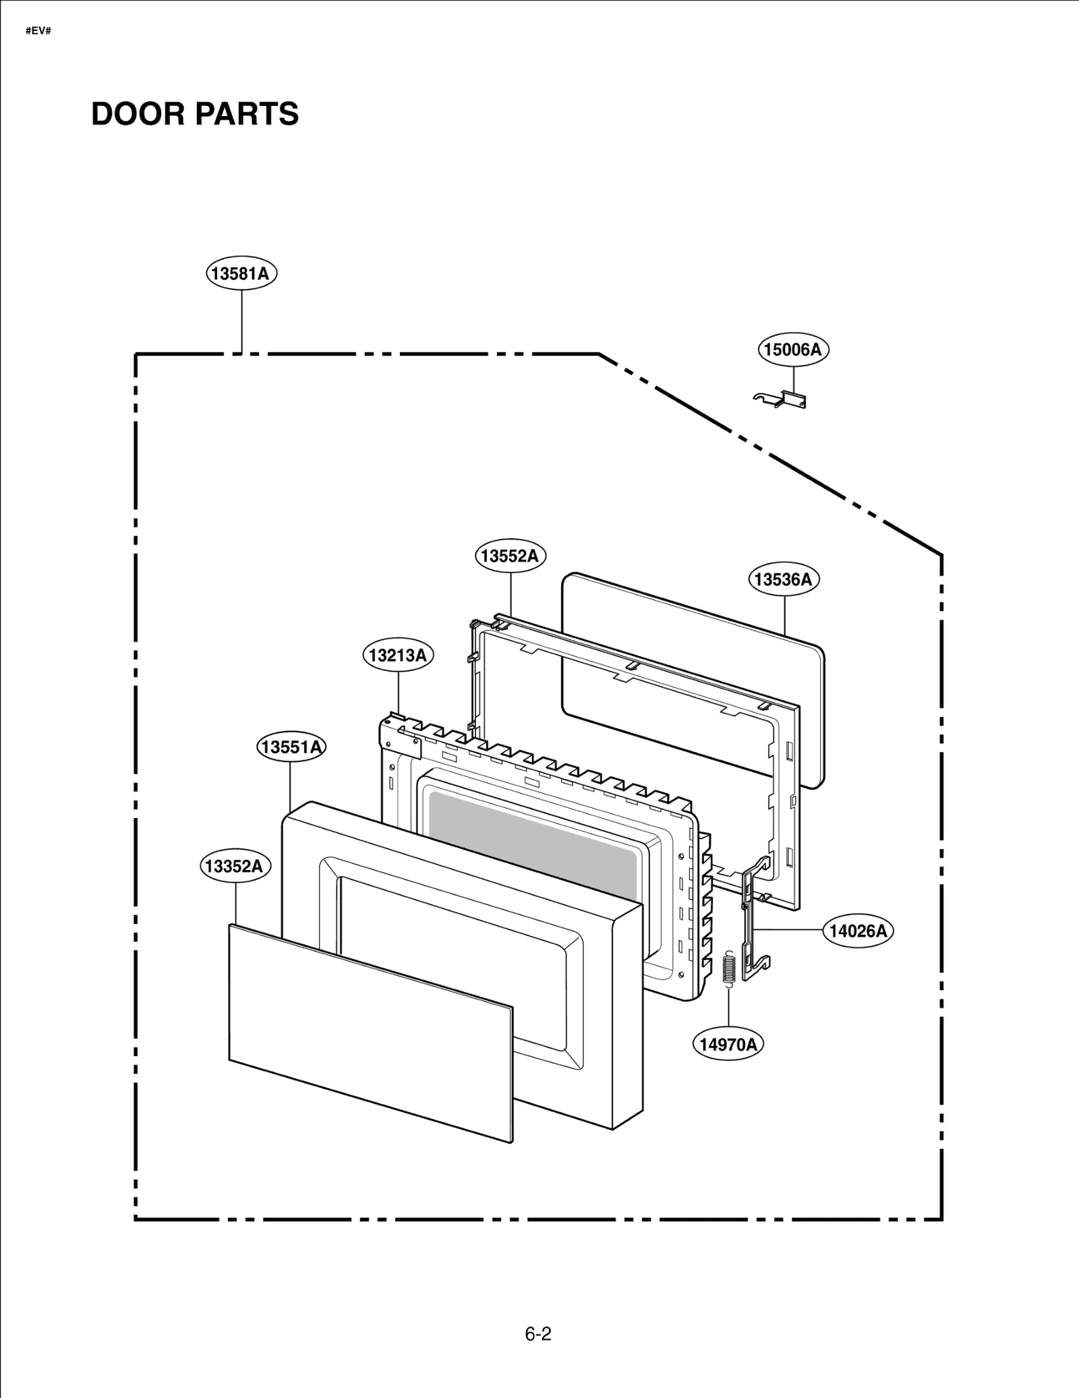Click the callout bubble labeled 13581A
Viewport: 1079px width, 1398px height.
coord(241,273)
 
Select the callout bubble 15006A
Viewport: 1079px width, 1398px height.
coord(792,349)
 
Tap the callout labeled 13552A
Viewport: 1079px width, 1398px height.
coord(510,556)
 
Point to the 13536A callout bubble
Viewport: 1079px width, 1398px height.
coord(783,579)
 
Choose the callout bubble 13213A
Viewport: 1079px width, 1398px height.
coord(398,655)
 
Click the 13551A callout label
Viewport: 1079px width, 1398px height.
coord(291,747)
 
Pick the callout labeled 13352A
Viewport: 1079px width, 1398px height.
coord(235,866)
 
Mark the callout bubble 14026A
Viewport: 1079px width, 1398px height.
coord(857,931)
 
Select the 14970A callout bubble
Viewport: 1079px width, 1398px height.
coord(728,1045)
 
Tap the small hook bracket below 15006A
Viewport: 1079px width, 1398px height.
coord(781,399)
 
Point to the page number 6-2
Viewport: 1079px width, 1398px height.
coord(538,1334)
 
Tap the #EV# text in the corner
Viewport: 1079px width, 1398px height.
coord(38,31)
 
